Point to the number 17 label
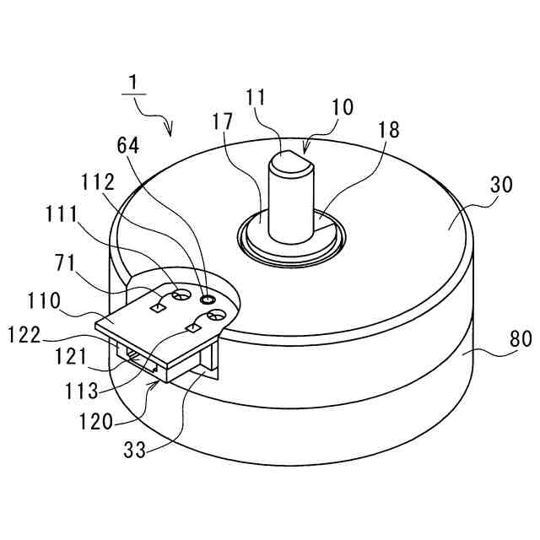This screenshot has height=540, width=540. (223, 122)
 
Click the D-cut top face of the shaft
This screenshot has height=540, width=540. (289, 158)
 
